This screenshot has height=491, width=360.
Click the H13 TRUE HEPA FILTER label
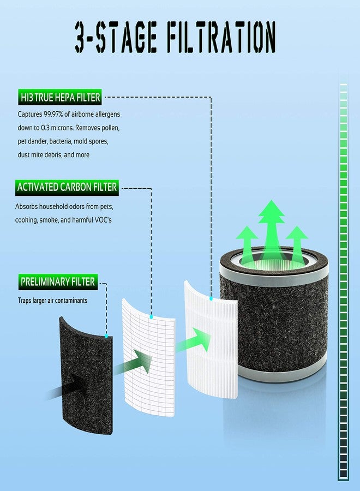click(x=60, y=98)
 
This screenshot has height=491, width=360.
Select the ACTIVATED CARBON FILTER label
click(x=67, y=187)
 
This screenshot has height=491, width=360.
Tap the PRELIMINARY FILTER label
click(x=58, y=282)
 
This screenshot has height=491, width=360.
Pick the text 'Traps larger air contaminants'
click(x=52, y=301)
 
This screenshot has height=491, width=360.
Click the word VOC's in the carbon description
click(x=103, y=220)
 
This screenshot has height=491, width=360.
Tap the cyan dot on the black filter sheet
click(x=106, y=336)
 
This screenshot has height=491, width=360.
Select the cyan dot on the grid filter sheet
click(x=151, y=317)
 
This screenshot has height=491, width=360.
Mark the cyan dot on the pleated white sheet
click(x=211, y=299)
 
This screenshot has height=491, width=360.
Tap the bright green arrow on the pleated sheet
click(x=194, y=340)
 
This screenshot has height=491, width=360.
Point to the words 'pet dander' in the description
click(x=32, y=141)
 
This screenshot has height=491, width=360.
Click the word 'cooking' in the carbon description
click(x=26, y=220)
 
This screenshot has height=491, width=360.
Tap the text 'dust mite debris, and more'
click(x=53, y=155)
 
